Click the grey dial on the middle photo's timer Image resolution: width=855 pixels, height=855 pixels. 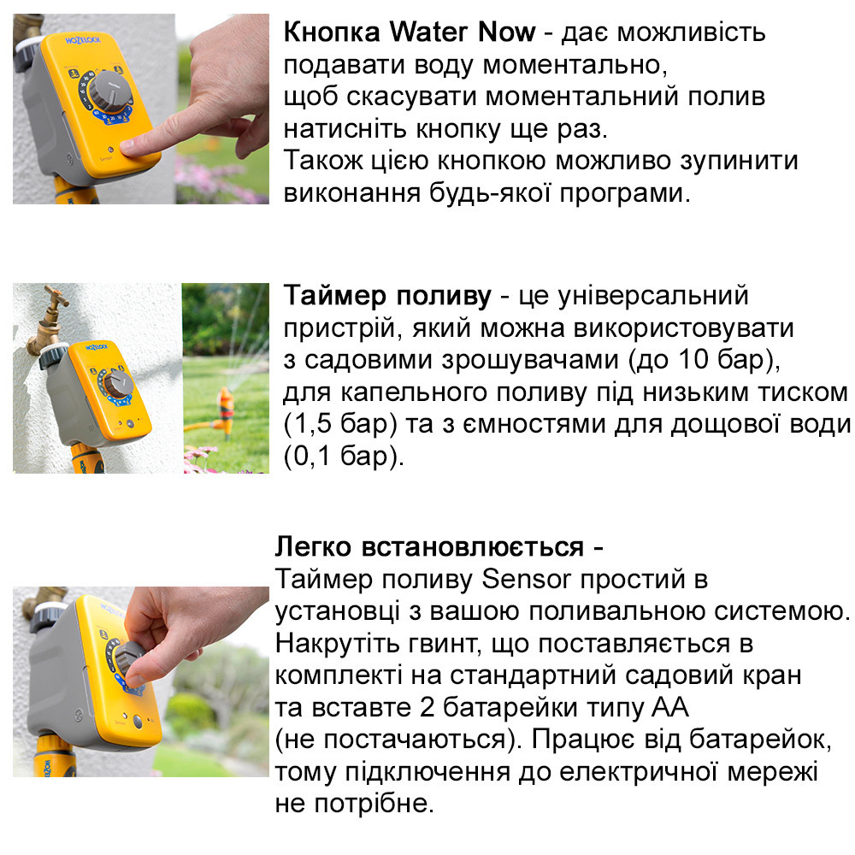(x=115, y=381)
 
